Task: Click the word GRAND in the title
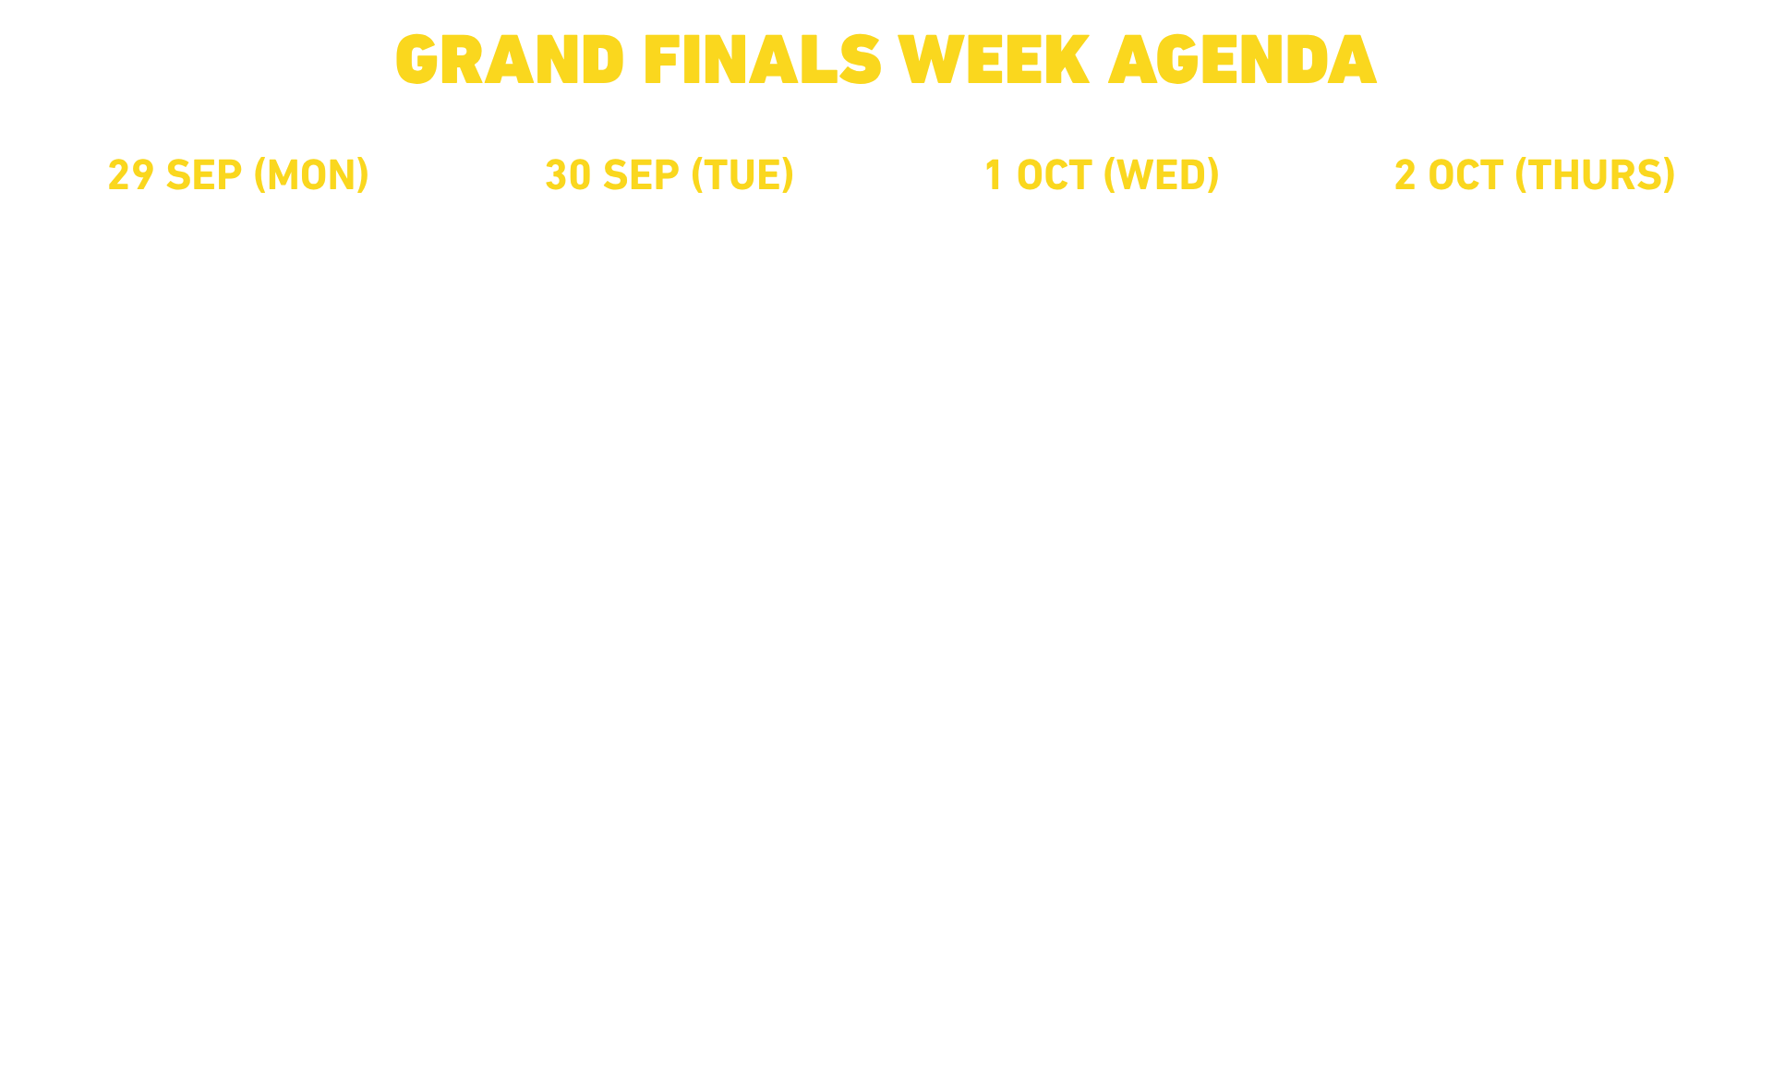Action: point(510,60)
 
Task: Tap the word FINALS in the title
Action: point(763,60)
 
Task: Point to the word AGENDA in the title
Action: point(1243,60)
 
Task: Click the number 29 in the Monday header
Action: point(130,175)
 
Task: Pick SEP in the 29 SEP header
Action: point(203,175)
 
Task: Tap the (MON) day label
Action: point(312,175)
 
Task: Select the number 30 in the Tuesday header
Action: point(568,175)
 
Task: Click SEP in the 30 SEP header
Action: point(641,175)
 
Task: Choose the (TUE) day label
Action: point(743,175)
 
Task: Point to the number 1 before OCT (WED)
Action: point(994,175)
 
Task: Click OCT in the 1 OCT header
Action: point(1054,175)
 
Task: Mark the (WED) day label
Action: point(1162,175)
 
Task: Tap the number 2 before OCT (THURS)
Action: point(1405,175)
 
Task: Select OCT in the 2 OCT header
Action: point(1465,175)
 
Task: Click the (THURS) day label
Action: point(1596,175)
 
